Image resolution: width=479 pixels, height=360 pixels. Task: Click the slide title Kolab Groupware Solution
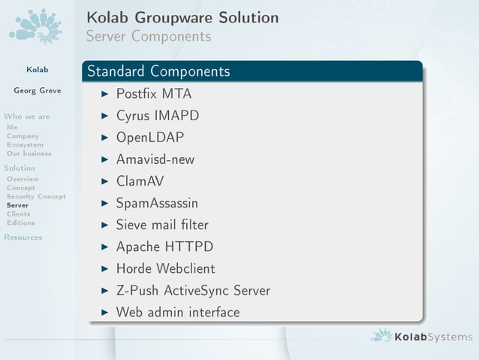click(x=182, y=17)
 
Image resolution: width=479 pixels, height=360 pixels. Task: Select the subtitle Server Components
click(x=148, y=36)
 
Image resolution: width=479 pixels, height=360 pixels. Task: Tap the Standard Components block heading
click(x=158, y=72)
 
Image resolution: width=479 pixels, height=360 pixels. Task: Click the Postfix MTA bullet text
click(x=154, y=95)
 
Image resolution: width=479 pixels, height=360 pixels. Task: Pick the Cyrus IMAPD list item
click(x=157, y=116)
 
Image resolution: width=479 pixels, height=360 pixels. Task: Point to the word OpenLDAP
click(x=150, y=138)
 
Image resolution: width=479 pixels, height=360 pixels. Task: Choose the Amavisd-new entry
click(x=155, y=159)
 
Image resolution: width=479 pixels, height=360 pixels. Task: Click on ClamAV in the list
click(x=140, y=181)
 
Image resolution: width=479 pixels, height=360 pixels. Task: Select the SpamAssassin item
click(x=157, y=203)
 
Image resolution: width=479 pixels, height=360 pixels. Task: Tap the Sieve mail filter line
click(x=162, y=225)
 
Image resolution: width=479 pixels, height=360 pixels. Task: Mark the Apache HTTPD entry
click(x=164, y=247)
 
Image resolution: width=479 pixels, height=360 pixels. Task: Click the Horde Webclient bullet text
click(x=165, y=268)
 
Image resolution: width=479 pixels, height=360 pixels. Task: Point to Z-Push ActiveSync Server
click(x=193, y=290)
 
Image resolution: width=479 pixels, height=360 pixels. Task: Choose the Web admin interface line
click(x=178, y=312)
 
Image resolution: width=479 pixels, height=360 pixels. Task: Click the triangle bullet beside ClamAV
click(x=104, y=181)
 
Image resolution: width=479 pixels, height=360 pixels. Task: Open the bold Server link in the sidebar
click(x=17, y=205)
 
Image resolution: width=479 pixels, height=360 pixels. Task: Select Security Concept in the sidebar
click(x=35, y=196)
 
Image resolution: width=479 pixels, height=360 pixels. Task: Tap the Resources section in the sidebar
click(x=23, y=237)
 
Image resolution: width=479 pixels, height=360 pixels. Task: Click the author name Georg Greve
click(x=37, y=92)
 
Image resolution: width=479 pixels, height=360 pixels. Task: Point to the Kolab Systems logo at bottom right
click(x=422, y=336)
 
